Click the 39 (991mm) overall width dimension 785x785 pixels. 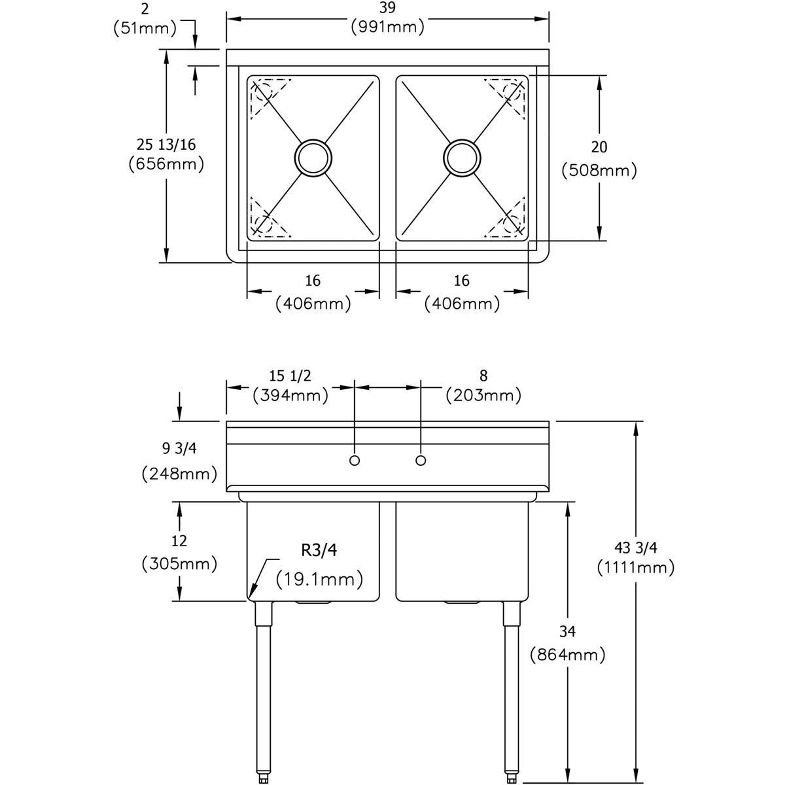tap(387, 18)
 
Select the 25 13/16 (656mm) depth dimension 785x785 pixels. tap(167, 154)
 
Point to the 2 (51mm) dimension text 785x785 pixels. tap(145, 18)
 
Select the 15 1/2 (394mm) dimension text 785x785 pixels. tap(290, 385)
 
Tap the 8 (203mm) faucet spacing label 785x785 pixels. tap(483, 385)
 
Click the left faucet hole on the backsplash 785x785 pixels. tap(355, 461)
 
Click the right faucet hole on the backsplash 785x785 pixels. tap(421, 461)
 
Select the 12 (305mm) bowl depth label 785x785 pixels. tap(179, 551)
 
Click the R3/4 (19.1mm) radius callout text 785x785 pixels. tap(319, 564)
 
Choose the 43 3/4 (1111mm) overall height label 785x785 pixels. tap(635, 557)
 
